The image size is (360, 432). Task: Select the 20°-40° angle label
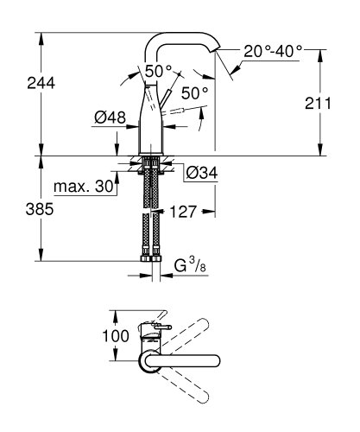pos(273,52)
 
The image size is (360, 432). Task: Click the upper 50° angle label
pos(158,72)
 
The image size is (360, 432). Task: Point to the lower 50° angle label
pos(193,92)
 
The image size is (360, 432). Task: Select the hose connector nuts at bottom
pos(152,258)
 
